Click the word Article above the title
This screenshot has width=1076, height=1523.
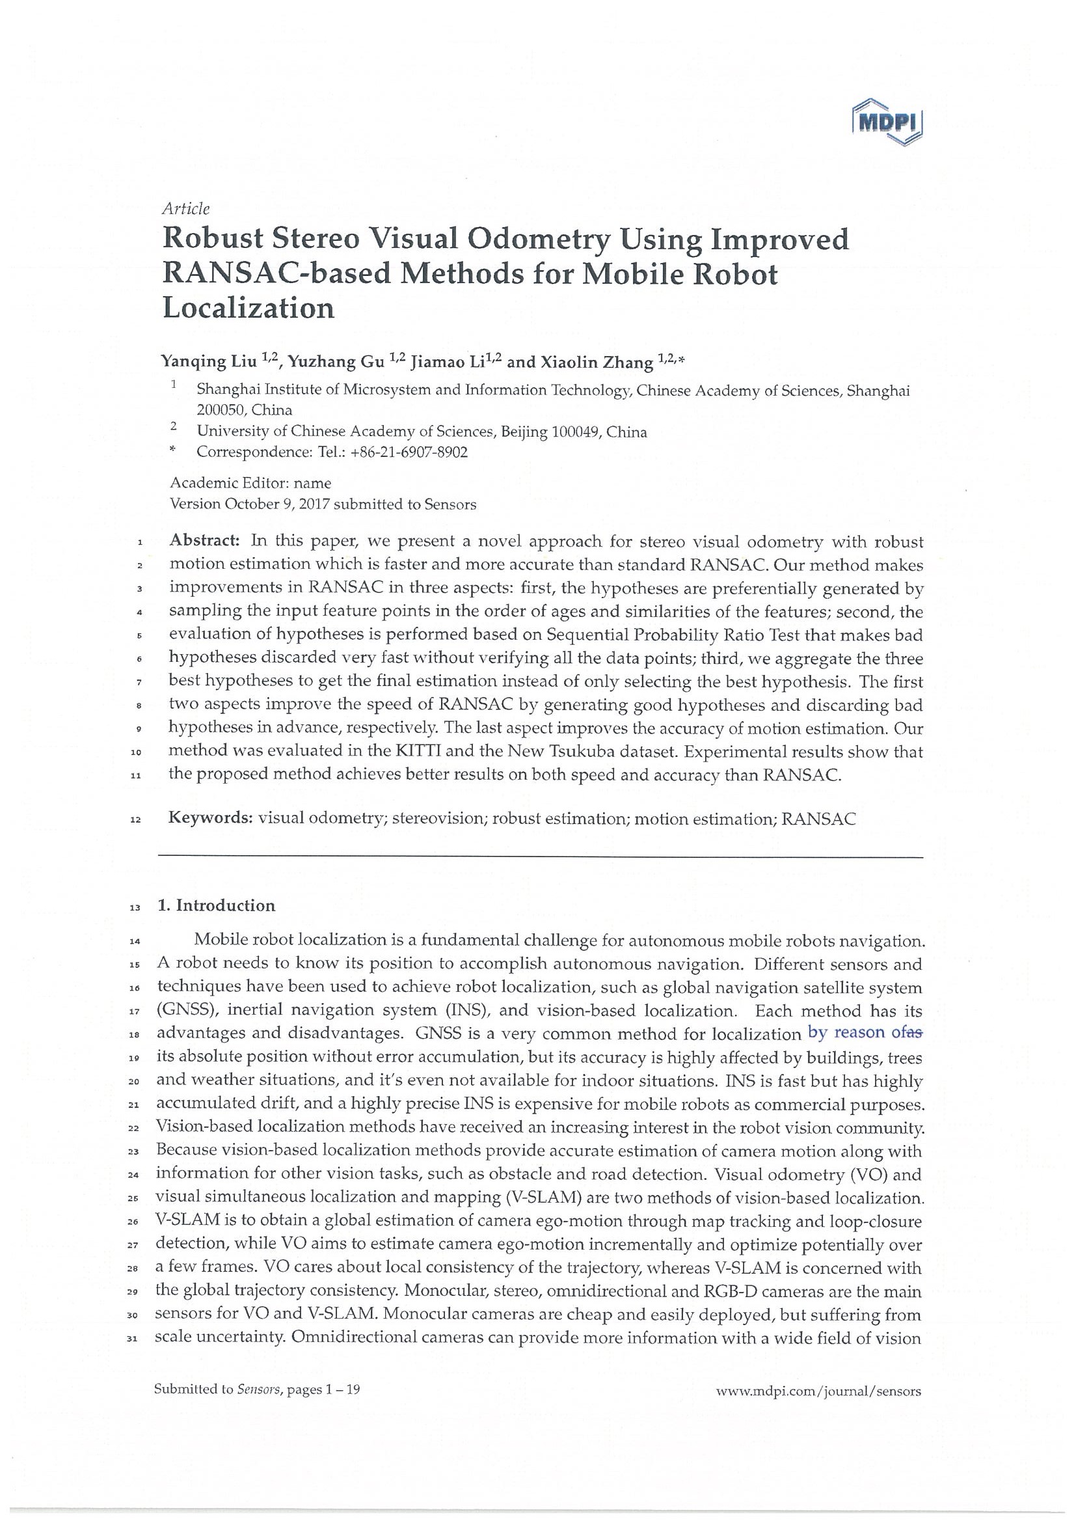pos(185,209)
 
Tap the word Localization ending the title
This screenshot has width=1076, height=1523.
pos(248,308)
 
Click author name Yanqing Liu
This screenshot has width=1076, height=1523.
pos(209,362)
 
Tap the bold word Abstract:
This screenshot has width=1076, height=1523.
pos(204,541)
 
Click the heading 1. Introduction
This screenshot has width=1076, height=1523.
pos(216,906)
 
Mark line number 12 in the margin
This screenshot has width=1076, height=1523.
pos(135,821)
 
